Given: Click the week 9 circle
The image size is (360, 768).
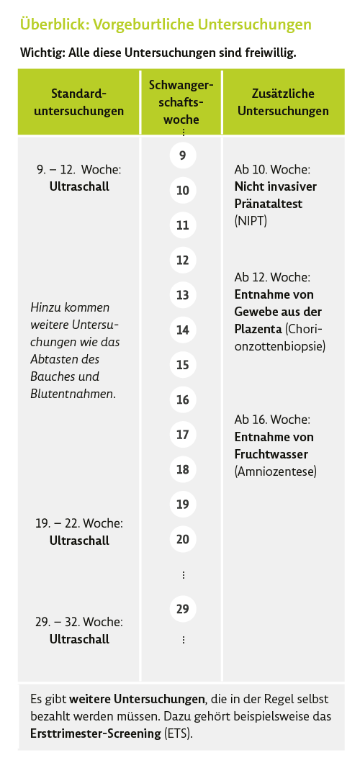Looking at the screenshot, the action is point(183,155).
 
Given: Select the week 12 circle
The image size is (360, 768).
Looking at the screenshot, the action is point(183,260).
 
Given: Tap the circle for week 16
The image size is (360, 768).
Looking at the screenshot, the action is point(183,399).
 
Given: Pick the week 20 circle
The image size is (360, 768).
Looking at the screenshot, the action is point(183,539).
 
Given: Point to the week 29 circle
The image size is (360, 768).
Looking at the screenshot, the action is point(183,609).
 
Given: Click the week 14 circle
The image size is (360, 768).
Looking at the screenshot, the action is point(183,330).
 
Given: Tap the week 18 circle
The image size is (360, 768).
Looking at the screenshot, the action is point(183,469).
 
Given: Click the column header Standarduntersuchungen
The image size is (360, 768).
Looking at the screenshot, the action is point(79,102).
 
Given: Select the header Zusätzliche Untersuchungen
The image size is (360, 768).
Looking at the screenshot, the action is point(283,102).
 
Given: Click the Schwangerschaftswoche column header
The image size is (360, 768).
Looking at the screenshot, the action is point(181,102).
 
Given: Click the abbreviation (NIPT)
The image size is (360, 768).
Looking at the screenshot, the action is point(251,221).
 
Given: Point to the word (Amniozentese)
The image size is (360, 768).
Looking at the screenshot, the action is point(276,471).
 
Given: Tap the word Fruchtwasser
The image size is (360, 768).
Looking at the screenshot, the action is point(271,454).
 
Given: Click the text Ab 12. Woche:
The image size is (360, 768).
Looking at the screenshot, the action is point(272,277).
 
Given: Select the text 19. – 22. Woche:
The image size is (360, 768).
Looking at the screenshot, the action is point(79,523).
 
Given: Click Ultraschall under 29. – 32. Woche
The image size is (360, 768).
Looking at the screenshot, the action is point(79,639).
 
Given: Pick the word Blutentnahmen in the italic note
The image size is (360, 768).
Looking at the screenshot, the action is point(73,394).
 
